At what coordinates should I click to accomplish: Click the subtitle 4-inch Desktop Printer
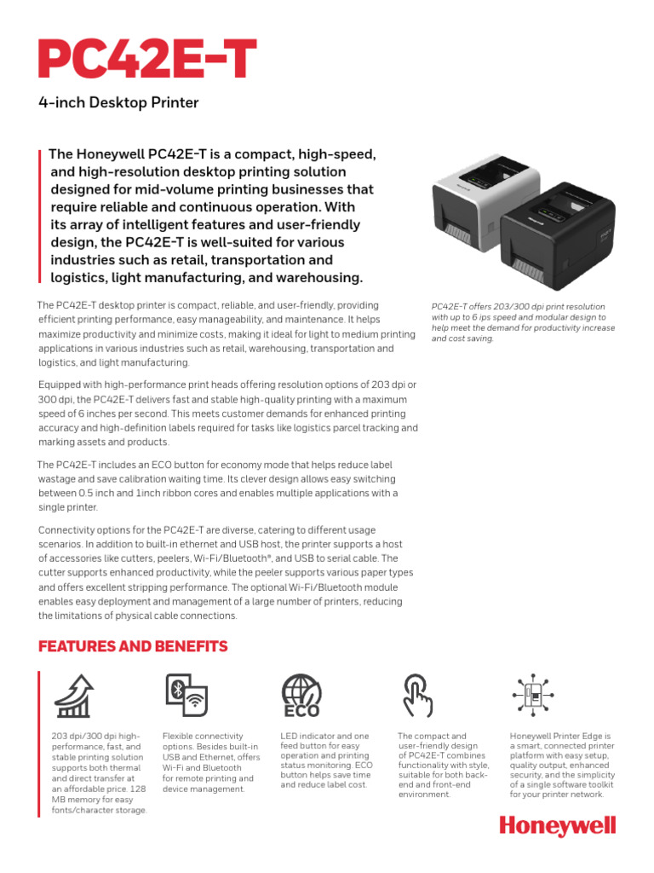(118, 103)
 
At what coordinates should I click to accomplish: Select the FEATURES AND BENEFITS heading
(133, 646)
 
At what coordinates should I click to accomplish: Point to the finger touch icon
(417, 696)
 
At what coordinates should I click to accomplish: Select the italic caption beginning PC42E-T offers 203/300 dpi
(523, 322)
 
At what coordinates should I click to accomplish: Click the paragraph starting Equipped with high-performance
(228, 413)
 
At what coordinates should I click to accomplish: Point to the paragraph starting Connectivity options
(220, 573)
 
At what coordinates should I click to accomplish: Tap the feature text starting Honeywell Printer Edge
(560, 764)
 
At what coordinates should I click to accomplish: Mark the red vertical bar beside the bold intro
(40, 216)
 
